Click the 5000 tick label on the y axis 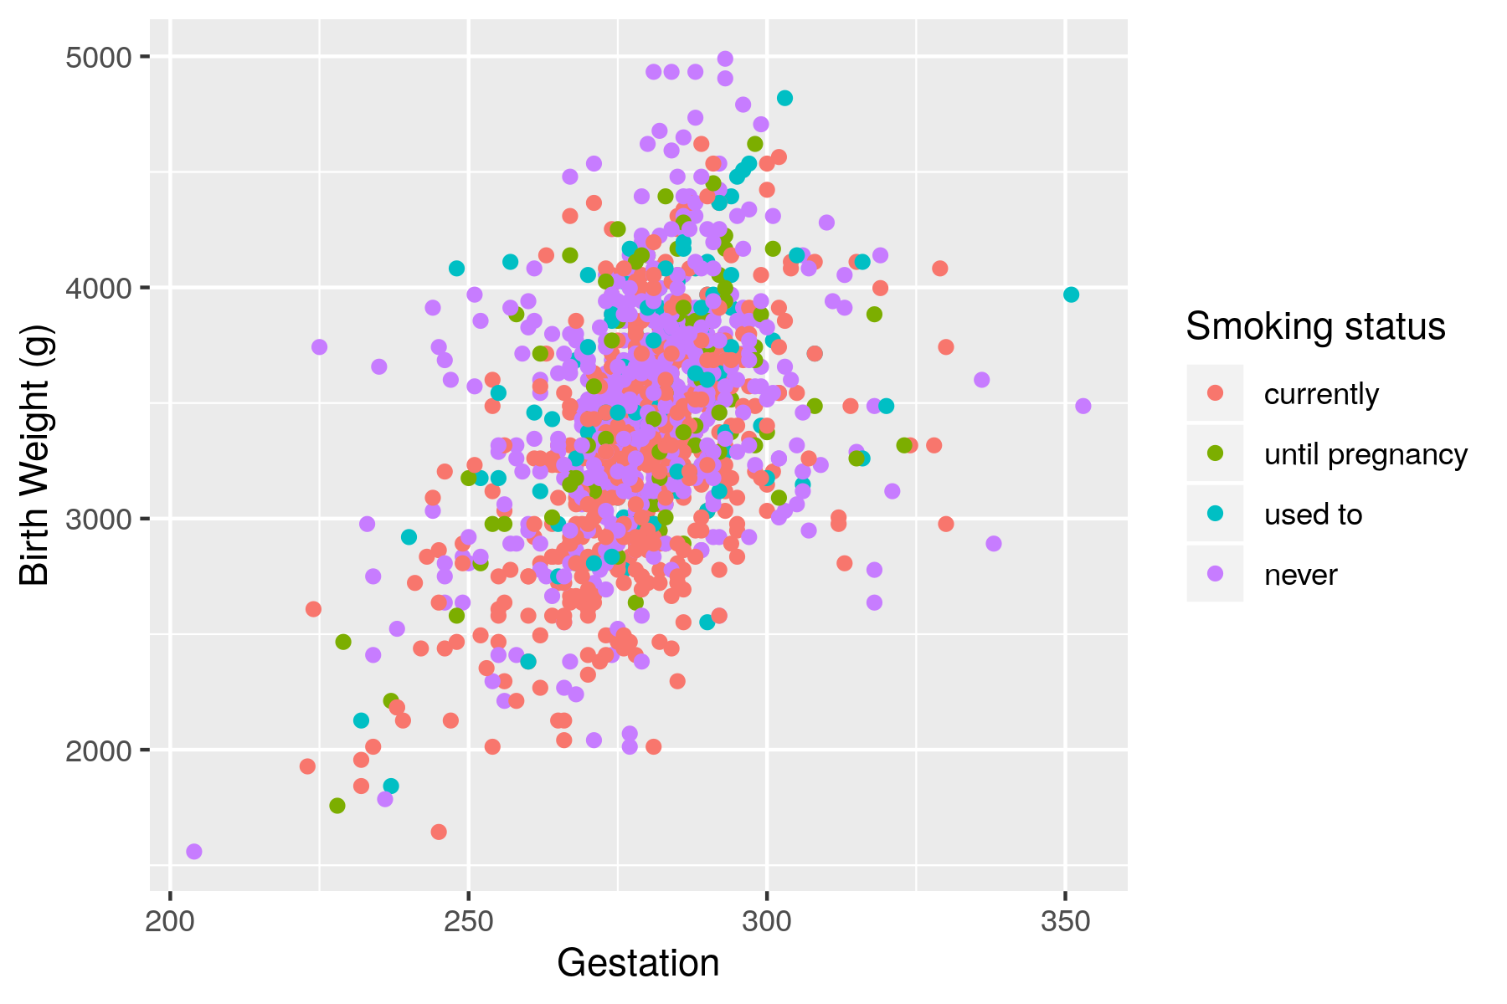coord(98,58)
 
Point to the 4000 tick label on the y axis coord(98,289)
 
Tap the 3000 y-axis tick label coord(98,520)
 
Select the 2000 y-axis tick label coord(98,750)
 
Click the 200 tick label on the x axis coord(170,922)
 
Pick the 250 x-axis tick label coord(468,922)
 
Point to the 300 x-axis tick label coord(767,922)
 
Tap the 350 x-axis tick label coord(1065,922)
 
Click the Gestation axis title coord(638,964)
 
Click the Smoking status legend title coord(1315,326)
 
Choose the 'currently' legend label coord(1321,394)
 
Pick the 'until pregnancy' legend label coord(1366,454)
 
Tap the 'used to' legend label coord(1313,515)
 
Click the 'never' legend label coord(1300,575)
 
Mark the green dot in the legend coord(1215,453)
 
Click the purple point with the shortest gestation coord(194,852)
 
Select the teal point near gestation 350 coord(1071,295)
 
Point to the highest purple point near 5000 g coord(725,59)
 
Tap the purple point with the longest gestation coord(1083,406)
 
